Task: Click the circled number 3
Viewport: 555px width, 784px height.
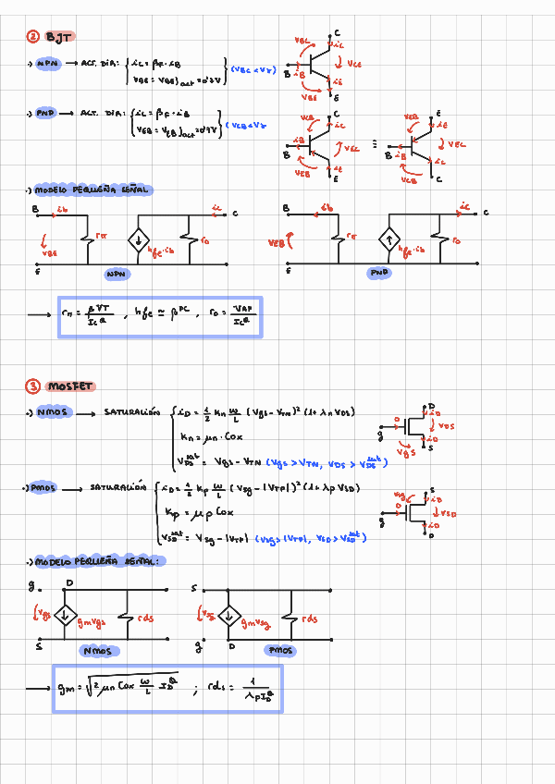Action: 32,386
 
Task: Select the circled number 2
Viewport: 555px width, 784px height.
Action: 32,36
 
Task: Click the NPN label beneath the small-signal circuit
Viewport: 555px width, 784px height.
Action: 117,275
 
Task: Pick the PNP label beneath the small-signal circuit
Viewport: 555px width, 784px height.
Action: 380,274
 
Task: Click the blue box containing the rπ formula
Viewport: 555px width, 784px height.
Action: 160,316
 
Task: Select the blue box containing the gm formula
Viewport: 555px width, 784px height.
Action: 166,688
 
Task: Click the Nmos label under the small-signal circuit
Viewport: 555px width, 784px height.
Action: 97,651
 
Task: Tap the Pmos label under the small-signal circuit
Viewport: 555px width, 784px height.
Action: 280,651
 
